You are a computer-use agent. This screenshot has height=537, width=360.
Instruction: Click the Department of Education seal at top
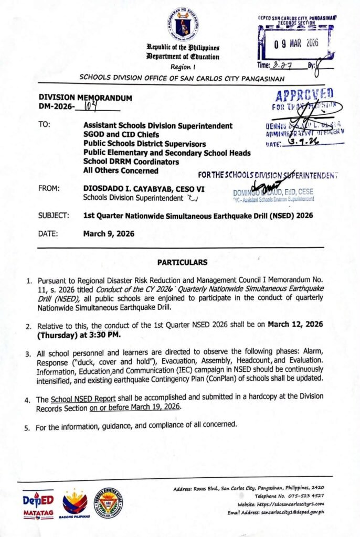183,24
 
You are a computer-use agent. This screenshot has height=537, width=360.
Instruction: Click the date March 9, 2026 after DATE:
109,234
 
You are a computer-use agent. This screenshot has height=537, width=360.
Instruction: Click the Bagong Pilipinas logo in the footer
75,504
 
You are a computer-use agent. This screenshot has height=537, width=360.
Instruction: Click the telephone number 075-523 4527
304,496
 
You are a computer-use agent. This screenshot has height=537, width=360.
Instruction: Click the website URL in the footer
295,504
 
